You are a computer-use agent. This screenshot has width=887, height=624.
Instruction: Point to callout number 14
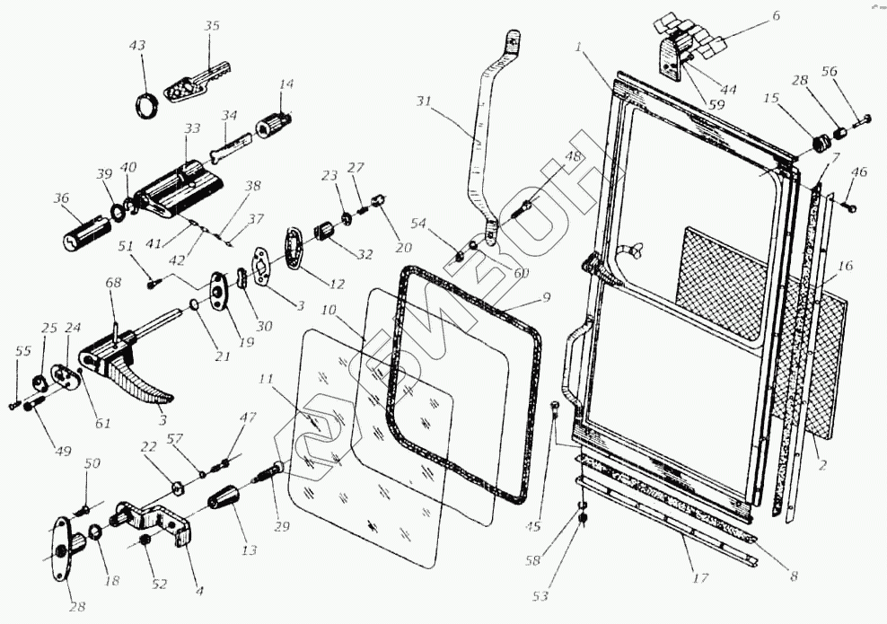[x=286, y=84]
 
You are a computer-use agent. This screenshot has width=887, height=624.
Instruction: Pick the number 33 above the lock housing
[x=191, y=130]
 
